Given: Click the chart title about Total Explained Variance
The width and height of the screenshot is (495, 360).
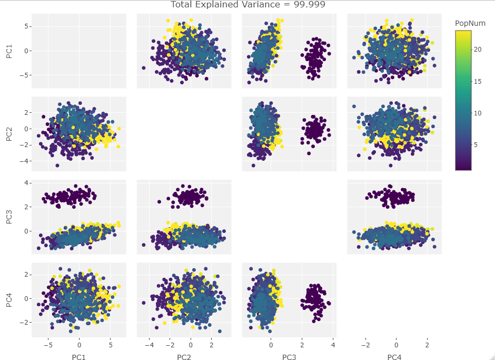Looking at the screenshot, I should coord(247,5).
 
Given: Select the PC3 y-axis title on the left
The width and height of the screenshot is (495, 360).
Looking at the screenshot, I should coord(9,218).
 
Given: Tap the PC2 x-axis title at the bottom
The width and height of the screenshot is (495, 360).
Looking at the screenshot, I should coord(184,357).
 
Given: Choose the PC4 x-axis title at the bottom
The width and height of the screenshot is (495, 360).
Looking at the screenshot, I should coord(394,357).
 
